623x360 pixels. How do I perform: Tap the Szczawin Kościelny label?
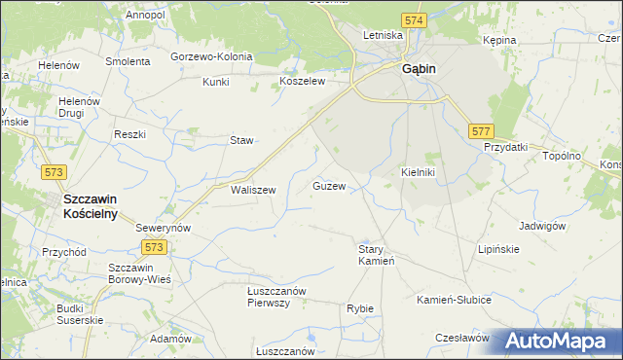[90, 205]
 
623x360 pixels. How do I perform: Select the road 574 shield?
[414, 19]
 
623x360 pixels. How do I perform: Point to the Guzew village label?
[329, 185]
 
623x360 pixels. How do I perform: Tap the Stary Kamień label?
[376, 255]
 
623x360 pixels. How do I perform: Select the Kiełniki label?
[418, 172]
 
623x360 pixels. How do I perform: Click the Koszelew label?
[302, 82]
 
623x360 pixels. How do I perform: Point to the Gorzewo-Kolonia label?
[211, 56]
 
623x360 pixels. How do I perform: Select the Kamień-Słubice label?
[454, 299]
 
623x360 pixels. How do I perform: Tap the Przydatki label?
[505, 147]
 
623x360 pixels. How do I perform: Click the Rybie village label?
[360, 308]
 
